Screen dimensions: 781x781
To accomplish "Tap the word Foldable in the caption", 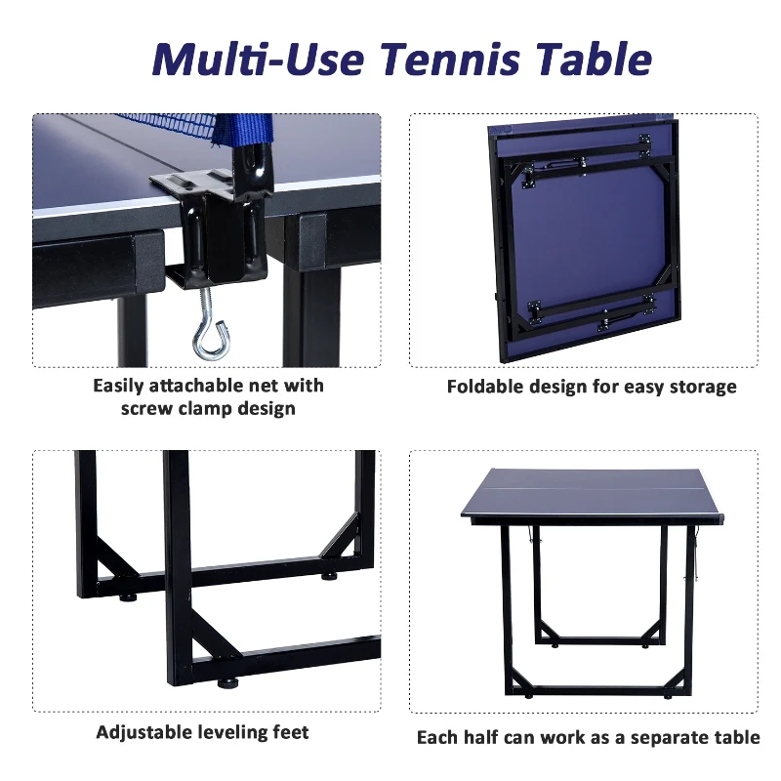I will click(486, 387).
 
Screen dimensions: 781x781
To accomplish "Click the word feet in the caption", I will click(289, 732).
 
